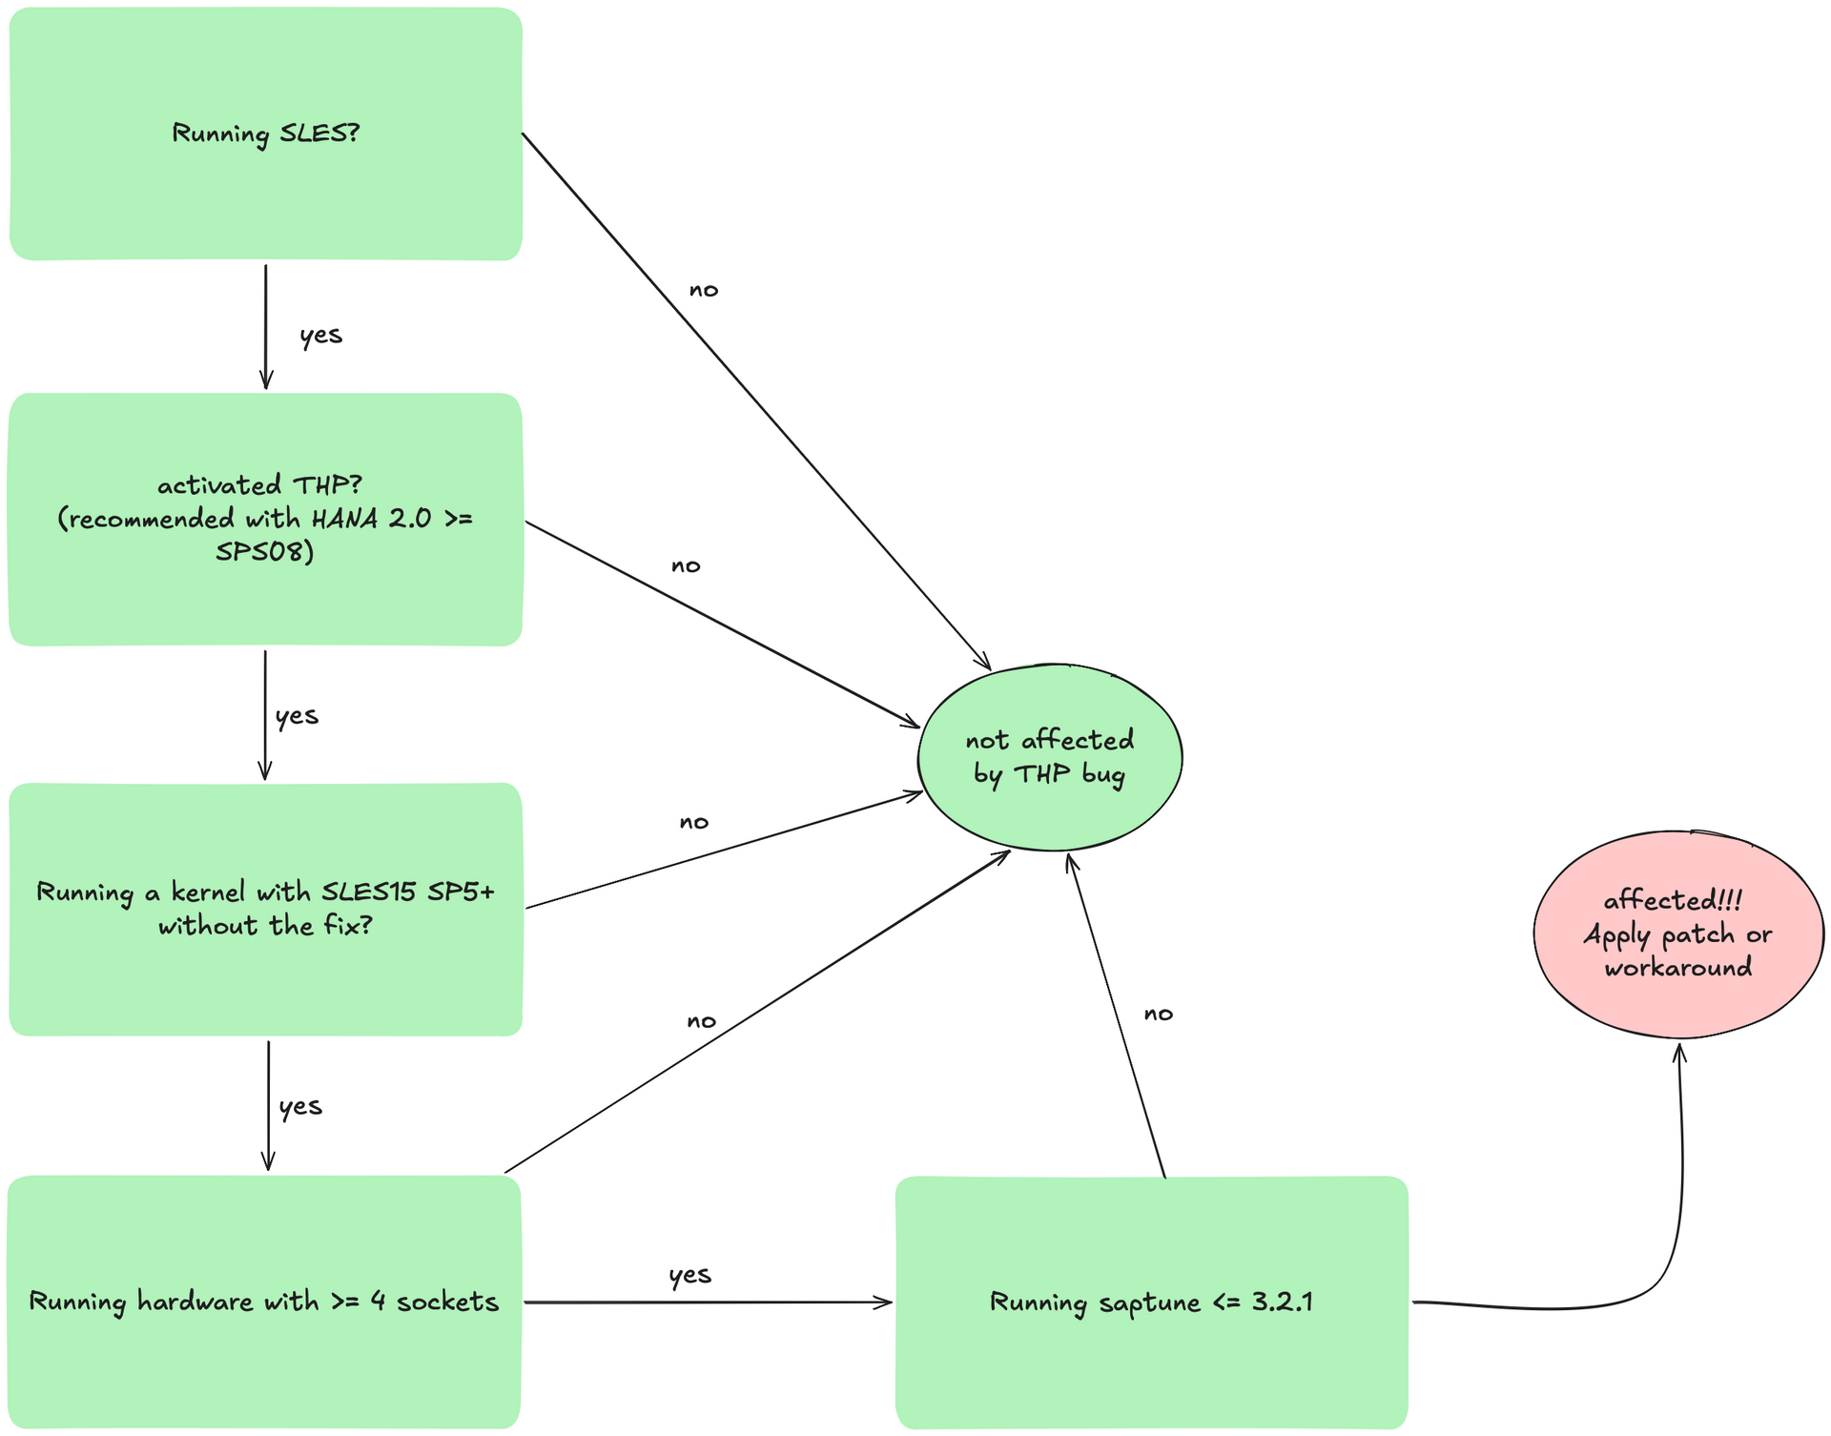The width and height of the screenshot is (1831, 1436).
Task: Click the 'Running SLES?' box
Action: click(x=265, y=133)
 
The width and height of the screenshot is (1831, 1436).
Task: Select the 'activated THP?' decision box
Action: click(x=265, y=519)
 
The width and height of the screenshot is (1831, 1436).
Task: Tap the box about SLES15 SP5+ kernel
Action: click(x=265, y=909)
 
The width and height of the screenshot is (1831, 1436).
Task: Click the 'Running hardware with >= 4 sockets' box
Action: click(x=264, y=1302)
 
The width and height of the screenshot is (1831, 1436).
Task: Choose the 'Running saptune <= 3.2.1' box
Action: click(x=1151, y=1302)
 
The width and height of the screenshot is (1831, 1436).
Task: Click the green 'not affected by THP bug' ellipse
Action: click(x=1049, y=757)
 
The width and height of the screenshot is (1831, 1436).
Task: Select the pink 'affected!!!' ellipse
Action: click(x=1677, y=933)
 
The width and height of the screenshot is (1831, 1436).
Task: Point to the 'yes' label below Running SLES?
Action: click(x=320, y=335)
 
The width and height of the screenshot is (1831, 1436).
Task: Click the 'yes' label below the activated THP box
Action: click(x=297, y=715)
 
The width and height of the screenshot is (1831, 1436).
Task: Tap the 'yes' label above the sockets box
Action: click(x=300, y=1106)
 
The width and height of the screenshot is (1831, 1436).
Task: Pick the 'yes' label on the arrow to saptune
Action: click(x=689, y=1275)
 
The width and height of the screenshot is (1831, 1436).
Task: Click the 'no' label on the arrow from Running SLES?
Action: click(x=704, y=290)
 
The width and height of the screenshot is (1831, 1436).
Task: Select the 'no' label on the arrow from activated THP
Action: click(x=686, y=565)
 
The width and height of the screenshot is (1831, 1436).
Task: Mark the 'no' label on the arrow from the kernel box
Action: click(x=694, y=822)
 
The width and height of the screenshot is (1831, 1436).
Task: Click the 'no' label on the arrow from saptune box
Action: click(x=1159, y=1014)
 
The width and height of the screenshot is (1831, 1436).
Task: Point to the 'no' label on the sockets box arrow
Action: click(x=701, y=1021)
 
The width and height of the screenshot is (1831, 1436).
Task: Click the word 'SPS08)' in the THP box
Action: click(x=264, y=552)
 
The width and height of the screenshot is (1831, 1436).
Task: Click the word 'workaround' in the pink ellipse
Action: click(x=1677, y=968)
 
